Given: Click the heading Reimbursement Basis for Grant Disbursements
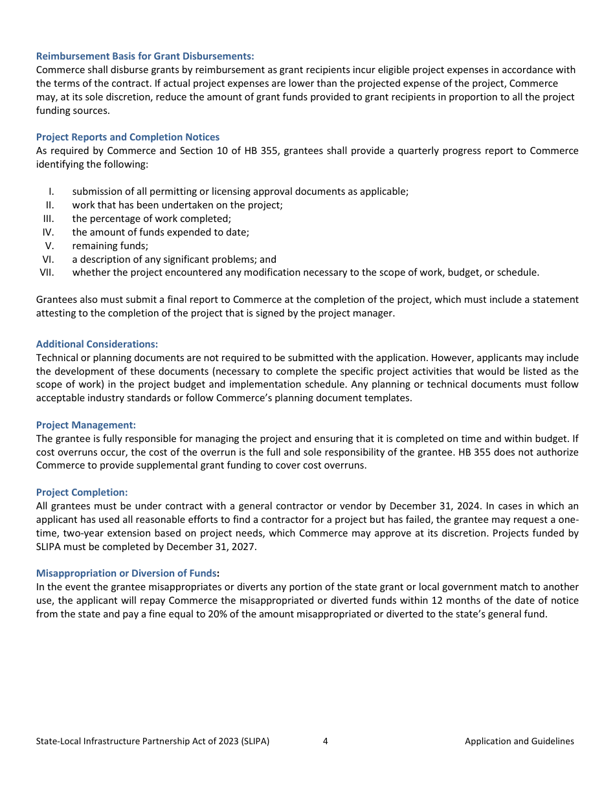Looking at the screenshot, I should tap(145, 56).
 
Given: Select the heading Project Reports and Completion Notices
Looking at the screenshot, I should tap(128, 137).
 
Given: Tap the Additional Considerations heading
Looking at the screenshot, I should tap(97, 344).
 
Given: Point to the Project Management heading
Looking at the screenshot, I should tap(86, 425).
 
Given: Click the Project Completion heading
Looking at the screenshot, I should tap(82, 492).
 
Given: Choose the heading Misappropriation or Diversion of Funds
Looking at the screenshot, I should tap(127, 573).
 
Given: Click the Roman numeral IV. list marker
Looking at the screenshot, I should tap(48, 232).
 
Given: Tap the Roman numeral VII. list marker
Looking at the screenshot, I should tap(47, 272).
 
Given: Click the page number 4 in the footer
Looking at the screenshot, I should tap(325, 741).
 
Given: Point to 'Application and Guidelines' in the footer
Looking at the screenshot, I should tap(519, 741).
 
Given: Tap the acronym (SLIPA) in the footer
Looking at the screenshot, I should tap(254, 741).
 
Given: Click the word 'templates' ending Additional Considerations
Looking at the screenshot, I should tap(389, 398).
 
